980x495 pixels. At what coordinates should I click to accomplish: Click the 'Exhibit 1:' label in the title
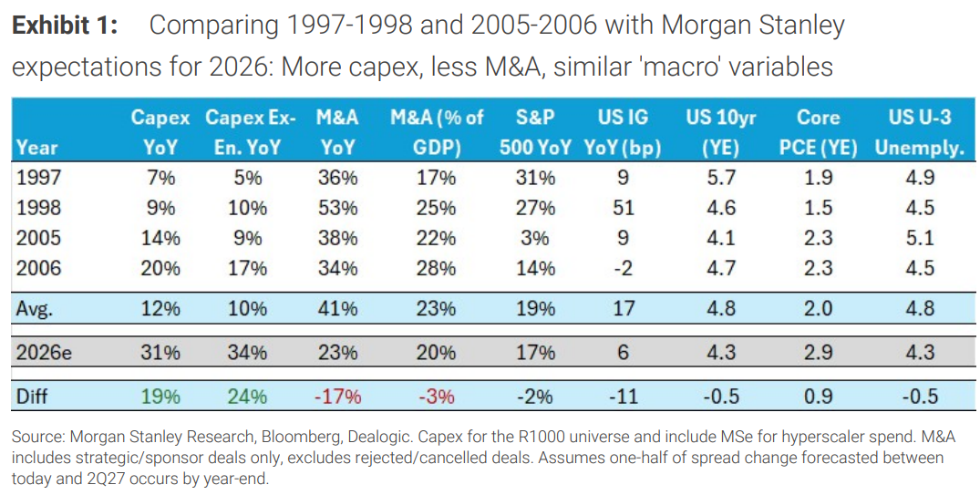tap(66, 26)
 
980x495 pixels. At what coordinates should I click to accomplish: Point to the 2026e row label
tap(45, 353)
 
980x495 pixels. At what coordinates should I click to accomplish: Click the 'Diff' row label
tap(31, 397)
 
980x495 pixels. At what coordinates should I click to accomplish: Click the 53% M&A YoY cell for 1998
tap(337, 208)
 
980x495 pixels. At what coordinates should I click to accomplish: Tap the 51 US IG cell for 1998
tap(622, 208)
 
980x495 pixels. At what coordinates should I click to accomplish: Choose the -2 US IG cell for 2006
tap(622, 268)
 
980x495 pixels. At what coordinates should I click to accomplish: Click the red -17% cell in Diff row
tap(337, 397)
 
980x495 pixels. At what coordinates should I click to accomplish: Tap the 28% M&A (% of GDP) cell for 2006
tap(437, 268)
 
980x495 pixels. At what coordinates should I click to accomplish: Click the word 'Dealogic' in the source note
tap(459, 438)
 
